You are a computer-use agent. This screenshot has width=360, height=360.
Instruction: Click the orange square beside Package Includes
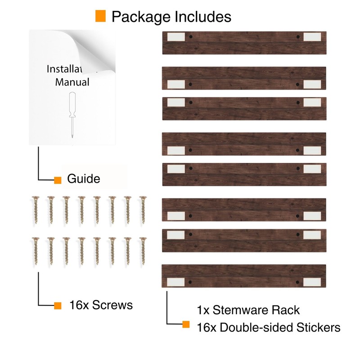click(100, 16)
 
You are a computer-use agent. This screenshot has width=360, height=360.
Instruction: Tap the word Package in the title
click(141, 17)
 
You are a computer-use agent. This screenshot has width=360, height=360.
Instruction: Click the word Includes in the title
click(203, 17)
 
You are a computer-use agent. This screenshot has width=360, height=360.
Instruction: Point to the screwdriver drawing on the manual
click(72, 115)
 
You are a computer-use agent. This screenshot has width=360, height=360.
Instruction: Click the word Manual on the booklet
click(72, 82)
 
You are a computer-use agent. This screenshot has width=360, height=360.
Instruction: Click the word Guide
click(84, 179)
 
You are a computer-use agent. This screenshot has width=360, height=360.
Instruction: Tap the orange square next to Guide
click(58, 180)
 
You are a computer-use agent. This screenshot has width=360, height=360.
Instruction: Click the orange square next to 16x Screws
click(58, 306)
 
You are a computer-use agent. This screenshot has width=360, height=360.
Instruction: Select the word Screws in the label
click(112, 305)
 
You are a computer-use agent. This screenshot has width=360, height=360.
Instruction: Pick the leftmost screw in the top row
click(36, 210)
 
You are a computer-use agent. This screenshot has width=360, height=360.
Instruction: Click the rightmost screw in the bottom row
click(143, 251)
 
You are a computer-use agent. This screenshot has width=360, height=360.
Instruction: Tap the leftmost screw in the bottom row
click(36, 251)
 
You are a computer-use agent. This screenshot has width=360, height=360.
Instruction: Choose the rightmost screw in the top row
click(143, 210)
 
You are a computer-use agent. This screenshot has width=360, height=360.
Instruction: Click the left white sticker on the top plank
click(176, 37)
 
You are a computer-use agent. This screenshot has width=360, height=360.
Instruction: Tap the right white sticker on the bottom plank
click(312, 282)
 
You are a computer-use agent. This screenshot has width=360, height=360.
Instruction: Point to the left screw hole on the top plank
click(191, 37)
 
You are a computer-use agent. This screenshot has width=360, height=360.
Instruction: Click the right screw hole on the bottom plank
click(297, 282)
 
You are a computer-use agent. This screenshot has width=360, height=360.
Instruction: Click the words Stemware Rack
click(256, 310)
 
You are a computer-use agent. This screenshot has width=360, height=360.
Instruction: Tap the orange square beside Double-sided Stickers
click(186, 324)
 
